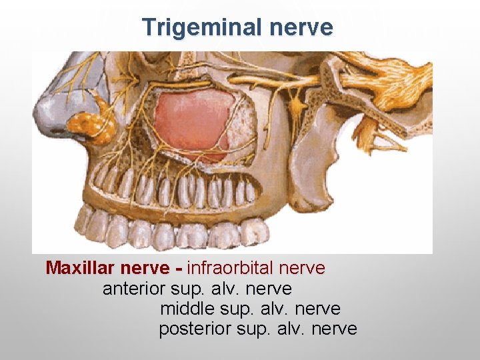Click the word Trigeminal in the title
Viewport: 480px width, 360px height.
(x=194, y=27)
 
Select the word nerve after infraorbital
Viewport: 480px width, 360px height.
(x=303, y=269)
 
